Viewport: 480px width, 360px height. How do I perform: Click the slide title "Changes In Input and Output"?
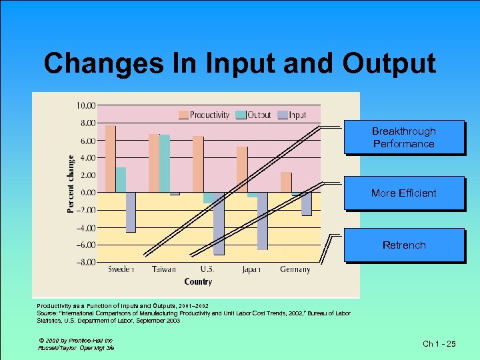[239, 63]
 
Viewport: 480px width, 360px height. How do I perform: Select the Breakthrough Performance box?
[403, 137]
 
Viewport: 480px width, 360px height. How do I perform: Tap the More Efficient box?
[403, 193]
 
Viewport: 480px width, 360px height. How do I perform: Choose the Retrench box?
[403, 245]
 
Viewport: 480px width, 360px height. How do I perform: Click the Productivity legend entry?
[203, 115]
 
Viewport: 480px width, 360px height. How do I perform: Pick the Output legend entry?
[253, 115]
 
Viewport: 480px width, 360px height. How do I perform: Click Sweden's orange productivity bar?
[111, 159]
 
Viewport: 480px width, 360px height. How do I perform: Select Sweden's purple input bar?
[131, 212]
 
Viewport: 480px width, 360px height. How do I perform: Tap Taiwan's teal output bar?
[165, 163]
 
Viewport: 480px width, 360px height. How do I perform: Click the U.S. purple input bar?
[219, 223]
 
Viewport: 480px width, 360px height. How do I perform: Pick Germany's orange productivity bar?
[285, 182]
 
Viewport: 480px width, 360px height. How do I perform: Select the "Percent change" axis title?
[71, 184]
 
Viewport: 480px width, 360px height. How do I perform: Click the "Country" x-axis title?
[198, 282]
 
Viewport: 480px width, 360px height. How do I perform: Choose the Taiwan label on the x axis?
[164, 270]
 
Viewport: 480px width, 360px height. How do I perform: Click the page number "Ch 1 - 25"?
[439, 344]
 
